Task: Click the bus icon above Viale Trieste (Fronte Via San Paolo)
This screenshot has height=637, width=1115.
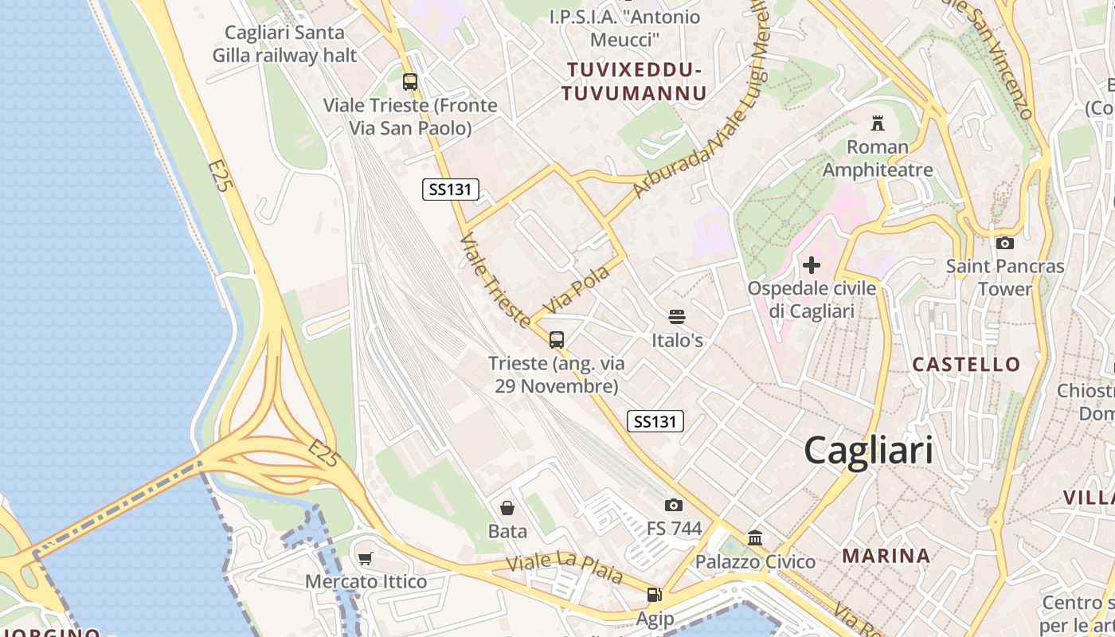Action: (410, 81)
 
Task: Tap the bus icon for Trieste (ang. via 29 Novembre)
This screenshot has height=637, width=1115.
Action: (557, 340)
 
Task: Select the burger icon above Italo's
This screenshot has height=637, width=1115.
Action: (677, 317)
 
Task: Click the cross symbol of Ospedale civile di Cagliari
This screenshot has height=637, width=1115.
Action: (812, 264)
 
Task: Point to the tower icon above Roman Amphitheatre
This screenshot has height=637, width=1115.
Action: (878, 123)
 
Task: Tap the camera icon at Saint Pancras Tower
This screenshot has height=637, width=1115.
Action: (1005, 243)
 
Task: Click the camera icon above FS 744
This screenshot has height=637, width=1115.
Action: (673, 505)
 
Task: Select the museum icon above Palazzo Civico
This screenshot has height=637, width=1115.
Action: (755, 538)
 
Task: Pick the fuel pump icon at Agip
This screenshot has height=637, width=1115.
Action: (654, 594)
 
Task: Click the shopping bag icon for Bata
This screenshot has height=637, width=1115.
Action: (507, 508)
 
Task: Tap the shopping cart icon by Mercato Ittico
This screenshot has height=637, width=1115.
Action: (366, 559)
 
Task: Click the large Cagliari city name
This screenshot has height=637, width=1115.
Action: (868, 451)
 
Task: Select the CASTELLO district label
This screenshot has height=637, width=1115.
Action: (966, 365)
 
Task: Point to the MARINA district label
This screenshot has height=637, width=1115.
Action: (886, 556)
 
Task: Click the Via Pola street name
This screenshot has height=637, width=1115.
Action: (576, 291)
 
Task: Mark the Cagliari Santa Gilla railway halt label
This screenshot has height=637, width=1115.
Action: (284, 44)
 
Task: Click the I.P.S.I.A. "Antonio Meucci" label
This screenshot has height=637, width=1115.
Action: (625, 28)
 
